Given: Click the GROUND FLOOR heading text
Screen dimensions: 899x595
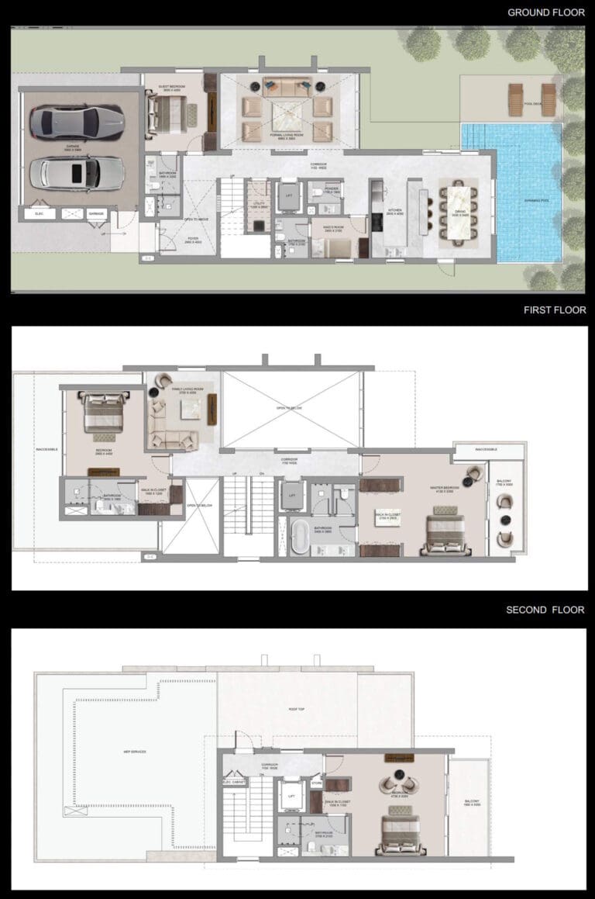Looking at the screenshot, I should (x=546, y=12).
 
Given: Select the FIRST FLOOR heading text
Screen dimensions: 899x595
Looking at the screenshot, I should (x=555, y=309).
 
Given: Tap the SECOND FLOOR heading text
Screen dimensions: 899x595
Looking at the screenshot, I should (x=545, y=610).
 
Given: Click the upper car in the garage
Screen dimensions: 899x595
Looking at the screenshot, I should (x=77, y=122).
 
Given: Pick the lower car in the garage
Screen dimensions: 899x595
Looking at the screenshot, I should (x=77, y=172).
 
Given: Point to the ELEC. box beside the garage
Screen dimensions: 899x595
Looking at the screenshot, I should (x=40, y=213).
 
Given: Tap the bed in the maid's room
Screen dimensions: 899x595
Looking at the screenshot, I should (x=335, y=247).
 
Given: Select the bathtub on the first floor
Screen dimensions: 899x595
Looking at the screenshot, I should (x=300, y=537).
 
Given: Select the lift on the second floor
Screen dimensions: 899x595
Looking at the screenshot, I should (x=291, y=796).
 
